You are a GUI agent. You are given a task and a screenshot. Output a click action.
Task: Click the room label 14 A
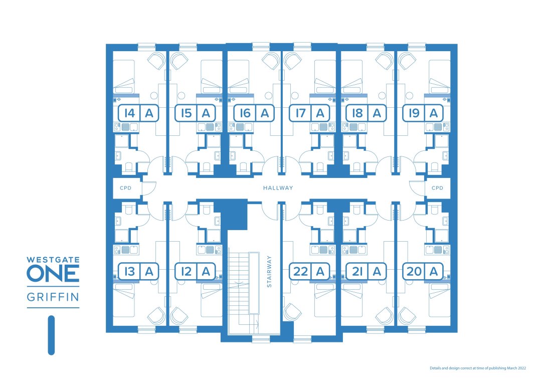(x=138, y=113)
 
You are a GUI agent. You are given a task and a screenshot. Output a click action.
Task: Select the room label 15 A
(x=195, y=113)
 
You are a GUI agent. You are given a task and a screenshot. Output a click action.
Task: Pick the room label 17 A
(x=309, y=113)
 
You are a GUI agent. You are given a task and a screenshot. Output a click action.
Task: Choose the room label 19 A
(x=423, y=113)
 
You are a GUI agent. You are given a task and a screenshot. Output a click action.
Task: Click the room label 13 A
(x=138, y=271)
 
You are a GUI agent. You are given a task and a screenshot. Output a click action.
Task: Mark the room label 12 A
(x=195, y=271)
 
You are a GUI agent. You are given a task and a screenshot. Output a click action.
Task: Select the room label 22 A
(x=309, y=271)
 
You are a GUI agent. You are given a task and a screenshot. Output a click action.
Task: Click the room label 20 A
(x=423, y=271)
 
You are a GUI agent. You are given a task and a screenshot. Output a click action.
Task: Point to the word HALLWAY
(x=278, y=188)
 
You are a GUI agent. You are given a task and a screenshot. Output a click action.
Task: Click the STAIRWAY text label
(x=269, y=271)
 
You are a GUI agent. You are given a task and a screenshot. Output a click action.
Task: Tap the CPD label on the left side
(x=125, y=188)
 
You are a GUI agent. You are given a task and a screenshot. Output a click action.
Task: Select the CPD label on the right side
(x=437, y=188)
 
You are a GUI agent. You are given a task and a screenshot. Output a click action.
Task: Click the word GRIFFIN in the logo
(x=53, y=297)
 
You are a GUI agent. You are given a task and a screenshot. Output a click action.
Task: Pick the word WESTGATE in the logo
(x=53, y=260)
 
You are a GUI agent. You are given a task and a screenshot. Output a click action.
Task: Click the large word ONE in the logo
(x=53, y=274)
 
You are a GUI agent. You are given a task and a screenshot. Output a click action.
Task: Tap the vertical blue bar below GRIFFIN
(x=51, y=335)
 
